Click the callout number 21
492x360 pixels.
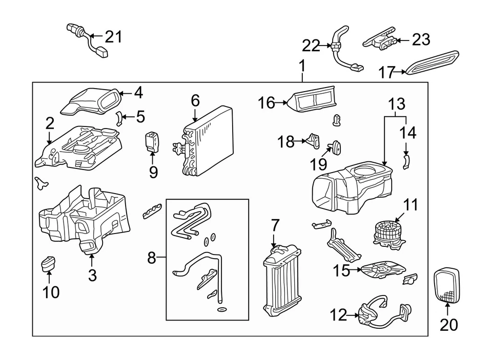click(x=114, y=36)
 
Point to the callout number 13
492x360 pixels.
click(x=396, y=104)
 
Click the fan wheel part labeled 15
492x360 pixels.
click(x=381, y=270)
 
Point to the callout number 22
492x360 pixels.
click(x=311, y=46)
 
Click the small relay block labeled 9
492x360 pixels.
click(x=152, y=141)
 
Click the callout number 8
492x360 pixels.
click(x=151, y=258)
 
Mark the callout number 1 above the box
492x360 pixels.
click(x=302, y=66)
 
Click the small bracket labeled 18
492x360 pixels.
click(x=313, y=140)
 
